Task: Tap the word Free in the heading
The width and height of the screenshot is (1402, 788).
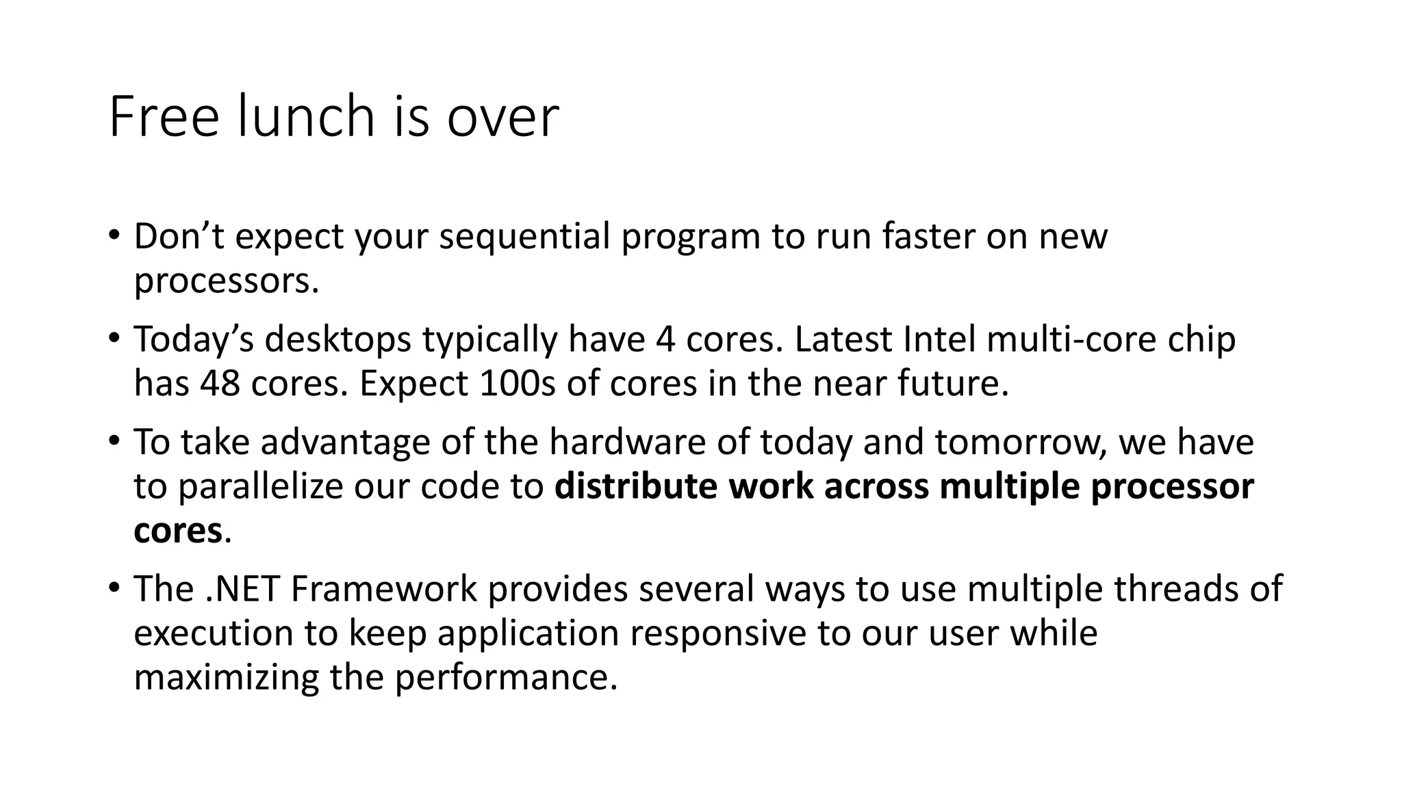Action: click(164, 117)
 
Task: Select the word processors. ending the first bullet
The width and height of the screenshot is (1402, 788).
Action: click(227, 281)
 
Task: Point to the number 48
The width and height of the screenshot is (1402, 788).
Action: click(220, 383)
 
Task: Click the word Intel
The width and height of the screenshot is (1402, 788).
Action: click(939, 339)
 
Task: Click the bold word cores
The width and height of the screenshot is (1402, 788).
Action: click(178, 531)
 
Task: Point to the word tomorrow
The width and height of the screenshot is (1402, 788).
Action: click(1021, 442)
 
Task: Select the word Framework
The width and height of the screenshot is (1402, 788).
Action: click(383, 588)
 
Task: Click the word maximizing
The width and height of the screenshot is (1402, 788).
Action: click(227, 677)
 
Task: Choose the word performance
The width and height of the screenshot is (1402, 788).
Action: click(506, 677)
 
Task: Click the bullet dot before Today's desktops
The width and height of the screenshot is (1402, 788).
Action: click(114, 337)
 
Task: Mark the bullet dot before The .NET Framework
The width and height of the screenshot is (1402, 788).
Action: click(114, 587)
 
